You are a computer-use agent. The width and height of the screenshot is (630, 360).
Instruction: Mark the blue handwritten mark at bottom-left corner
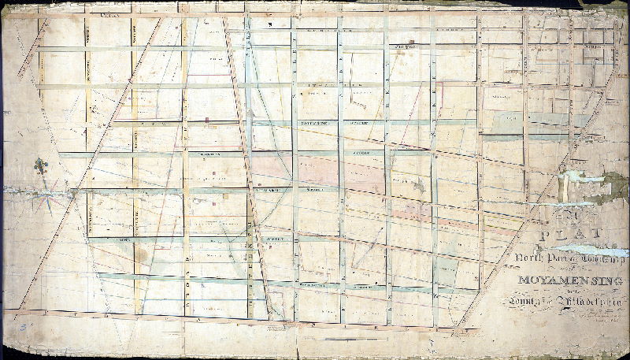tap(26, 325)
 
